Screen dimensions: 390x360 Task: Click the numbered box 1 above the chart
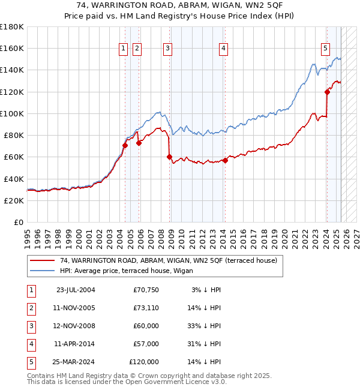click(x=123, y=49)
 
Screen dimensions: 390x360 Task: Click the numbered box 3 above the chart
click(x=167, y=49)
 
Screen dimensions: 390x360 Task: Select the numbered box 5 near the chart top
click(x=325, y=49)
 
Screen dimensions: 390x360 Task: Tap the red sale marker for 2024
click(x=328, y=92)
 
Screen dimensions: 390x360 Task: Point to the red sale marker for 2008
click(x=169, y=157)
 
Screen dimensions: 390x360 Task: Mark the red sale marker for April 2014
click(x=225, y=160)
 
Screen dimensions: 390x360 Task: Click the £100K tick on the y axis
click(x=11, y=113)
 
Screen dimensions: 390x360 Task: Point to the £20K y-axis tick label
click(x=13, y=201)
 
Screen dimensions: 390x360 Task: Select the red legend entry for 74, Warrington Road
click(x=168, y=260)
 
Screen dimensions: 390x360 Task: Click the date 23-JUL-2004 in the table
click(x=76, y=290)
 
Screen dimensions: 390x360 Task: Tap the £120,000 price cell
click(x=144, y=362)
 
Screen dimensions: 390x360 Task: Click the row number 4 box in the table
click(x=31, y=344)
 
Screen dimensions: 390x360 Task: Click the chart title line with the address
click(x=180, y=7)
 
